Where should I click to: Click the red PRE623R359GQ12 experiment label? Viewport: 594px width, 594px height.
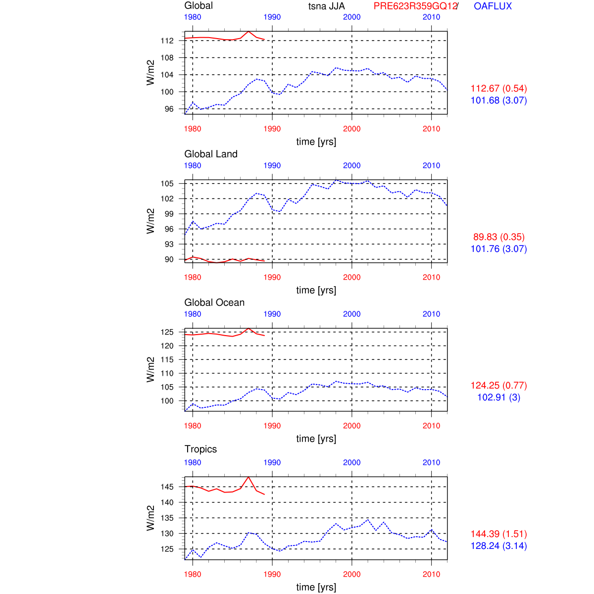click(415, 6)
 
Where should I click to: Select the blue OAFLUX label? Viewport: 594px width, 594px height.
click(493, 6)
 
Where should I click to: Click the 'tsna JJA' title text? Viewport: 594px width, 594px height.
click(326, 6)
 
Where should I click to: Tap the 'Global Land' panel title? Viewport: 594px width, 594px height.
click(211, 154)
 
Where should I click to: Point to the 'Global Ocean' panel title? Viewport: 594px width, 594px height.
click(214, 302)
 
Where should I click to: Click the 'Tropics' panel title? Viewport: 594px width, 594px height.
click(200, 449)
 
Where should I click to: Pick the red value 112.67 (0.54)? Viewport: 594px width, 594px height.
click(498, 89)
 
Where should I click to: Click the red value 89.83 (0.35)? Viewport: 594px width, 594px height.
click(498, 237)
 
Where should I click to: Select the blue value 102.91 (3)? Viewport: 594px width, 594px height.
click(498, 397)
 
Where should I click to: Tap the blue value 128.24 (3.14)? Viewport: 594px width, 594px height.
click(498, 546)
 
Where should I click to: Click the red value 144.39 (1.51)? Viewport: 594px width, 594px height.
click(498, 534)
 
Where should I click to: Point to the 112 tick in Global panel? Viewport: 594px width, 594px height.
click(167, 41)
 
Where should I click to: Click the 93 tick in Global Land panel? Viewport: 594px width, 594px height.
click(169, 244)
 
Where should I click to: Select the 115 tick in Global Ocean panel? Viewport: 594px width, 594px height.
click(167, 360)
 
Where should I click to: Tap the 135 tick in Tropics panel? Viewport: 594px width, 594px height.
click(167, 518)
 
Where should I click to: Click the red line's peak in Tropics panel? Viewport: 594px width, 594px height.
click(248, 477)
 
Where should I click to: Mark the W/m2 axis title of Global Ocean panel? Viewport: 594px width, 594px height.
click(150, 369)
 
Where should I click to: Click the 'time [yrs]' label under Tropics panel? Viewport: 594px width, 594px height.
click(316, 587)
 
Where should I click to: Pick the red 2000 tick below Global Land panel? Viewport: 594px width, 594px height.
click(351, 277)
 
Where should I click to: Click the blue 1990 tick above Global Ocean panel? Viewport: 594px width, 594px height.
click(272, 314)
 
